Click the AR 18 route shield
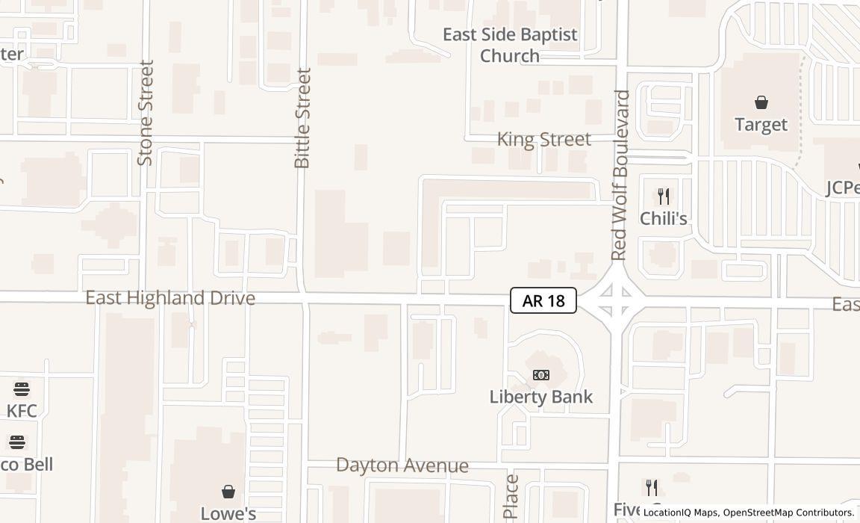(x=543, y=300)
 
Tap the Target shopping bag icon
(x=761, y=102)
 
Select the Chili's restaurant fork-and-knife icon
(x=663, y=196)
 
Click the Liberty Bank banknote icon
(x=541, y=375)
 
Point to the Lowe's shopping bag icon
(x=228, y=492)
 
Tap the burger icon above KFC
(x=22, y=389)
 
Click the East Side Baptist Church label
(x=510, y=45)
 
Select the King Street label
(x=544, y=140)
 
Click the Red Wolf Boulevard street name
(x=621, y=176)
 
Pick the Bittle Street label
(x=302, y=118)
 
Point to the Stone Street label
(x=146, y=113)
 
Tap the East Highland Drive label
(x=170, y=298)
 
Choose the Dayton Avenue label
(x=402, y=465)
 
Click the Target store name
(x=761, y=125)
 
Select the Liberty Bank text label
(x=541, y=397)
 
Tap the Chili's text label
(x=664, y=219)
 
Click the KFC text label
(x=22, y=410)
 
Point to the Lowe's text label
(x=228, y=513)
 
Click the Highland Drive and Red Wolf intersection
(x=616, y=301)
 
